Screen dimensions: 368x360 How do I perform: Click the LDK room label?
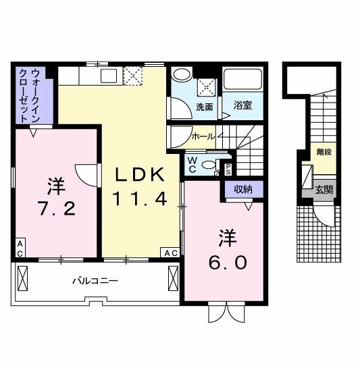tap(140, 174)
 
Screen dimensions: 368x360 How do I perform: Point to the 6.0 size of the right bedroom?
tap(226, 261)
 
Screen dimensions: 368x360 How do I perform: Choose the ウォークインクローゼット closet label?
tap(29, 95)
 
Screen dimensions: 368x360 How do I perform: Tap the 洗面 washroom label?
tap(205, 107)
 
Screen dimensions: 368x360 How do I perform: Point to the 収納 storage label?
tap(243, 190)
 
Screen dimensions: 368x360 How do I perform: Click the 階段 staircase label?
tap(324, 153)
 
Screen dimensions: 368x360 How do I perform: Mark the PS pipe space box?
tap(228, 169)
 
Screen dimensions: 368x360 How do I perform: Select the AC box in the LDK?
tap(170, 253)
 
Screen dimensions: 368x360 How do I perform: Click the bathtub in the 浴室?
tap(243, 80)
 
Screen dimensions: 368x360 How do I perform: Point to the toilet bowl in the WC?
tap(209, 164)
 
